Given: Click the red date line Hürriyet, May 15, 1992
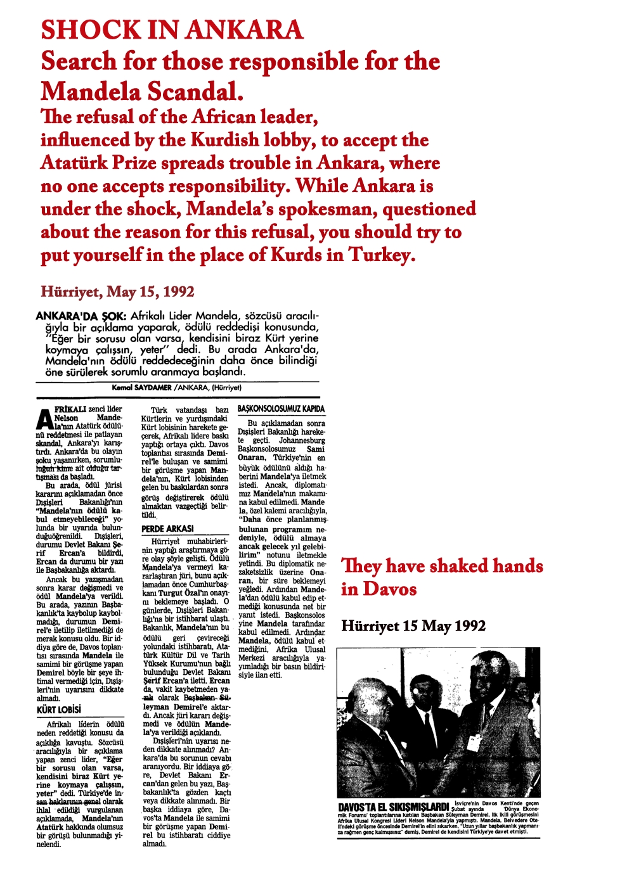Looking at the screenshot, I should pyautogui.click(x=117, y=292).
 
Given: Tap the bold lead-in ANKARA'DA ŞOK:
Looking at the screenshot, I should pyautogui.click(x=82, y=316).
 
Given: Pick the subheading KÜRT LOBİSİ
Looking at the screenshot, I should pyautogui.click(x=59, y=710).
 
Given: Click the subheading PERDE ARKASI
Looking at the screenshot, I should pyautogui.click(x=167, y=528).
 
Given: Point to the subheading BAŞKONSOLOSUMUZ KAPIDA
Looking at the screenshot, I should pyautogui.click(x=281, y=409).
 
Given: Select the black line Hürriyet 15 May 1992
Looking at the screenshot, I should pyautogui.click(x=413, y=626).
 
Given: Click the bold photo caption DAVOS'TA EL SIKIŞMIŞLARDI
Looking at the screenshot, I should pyautogui.click(x=393, y=807).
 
